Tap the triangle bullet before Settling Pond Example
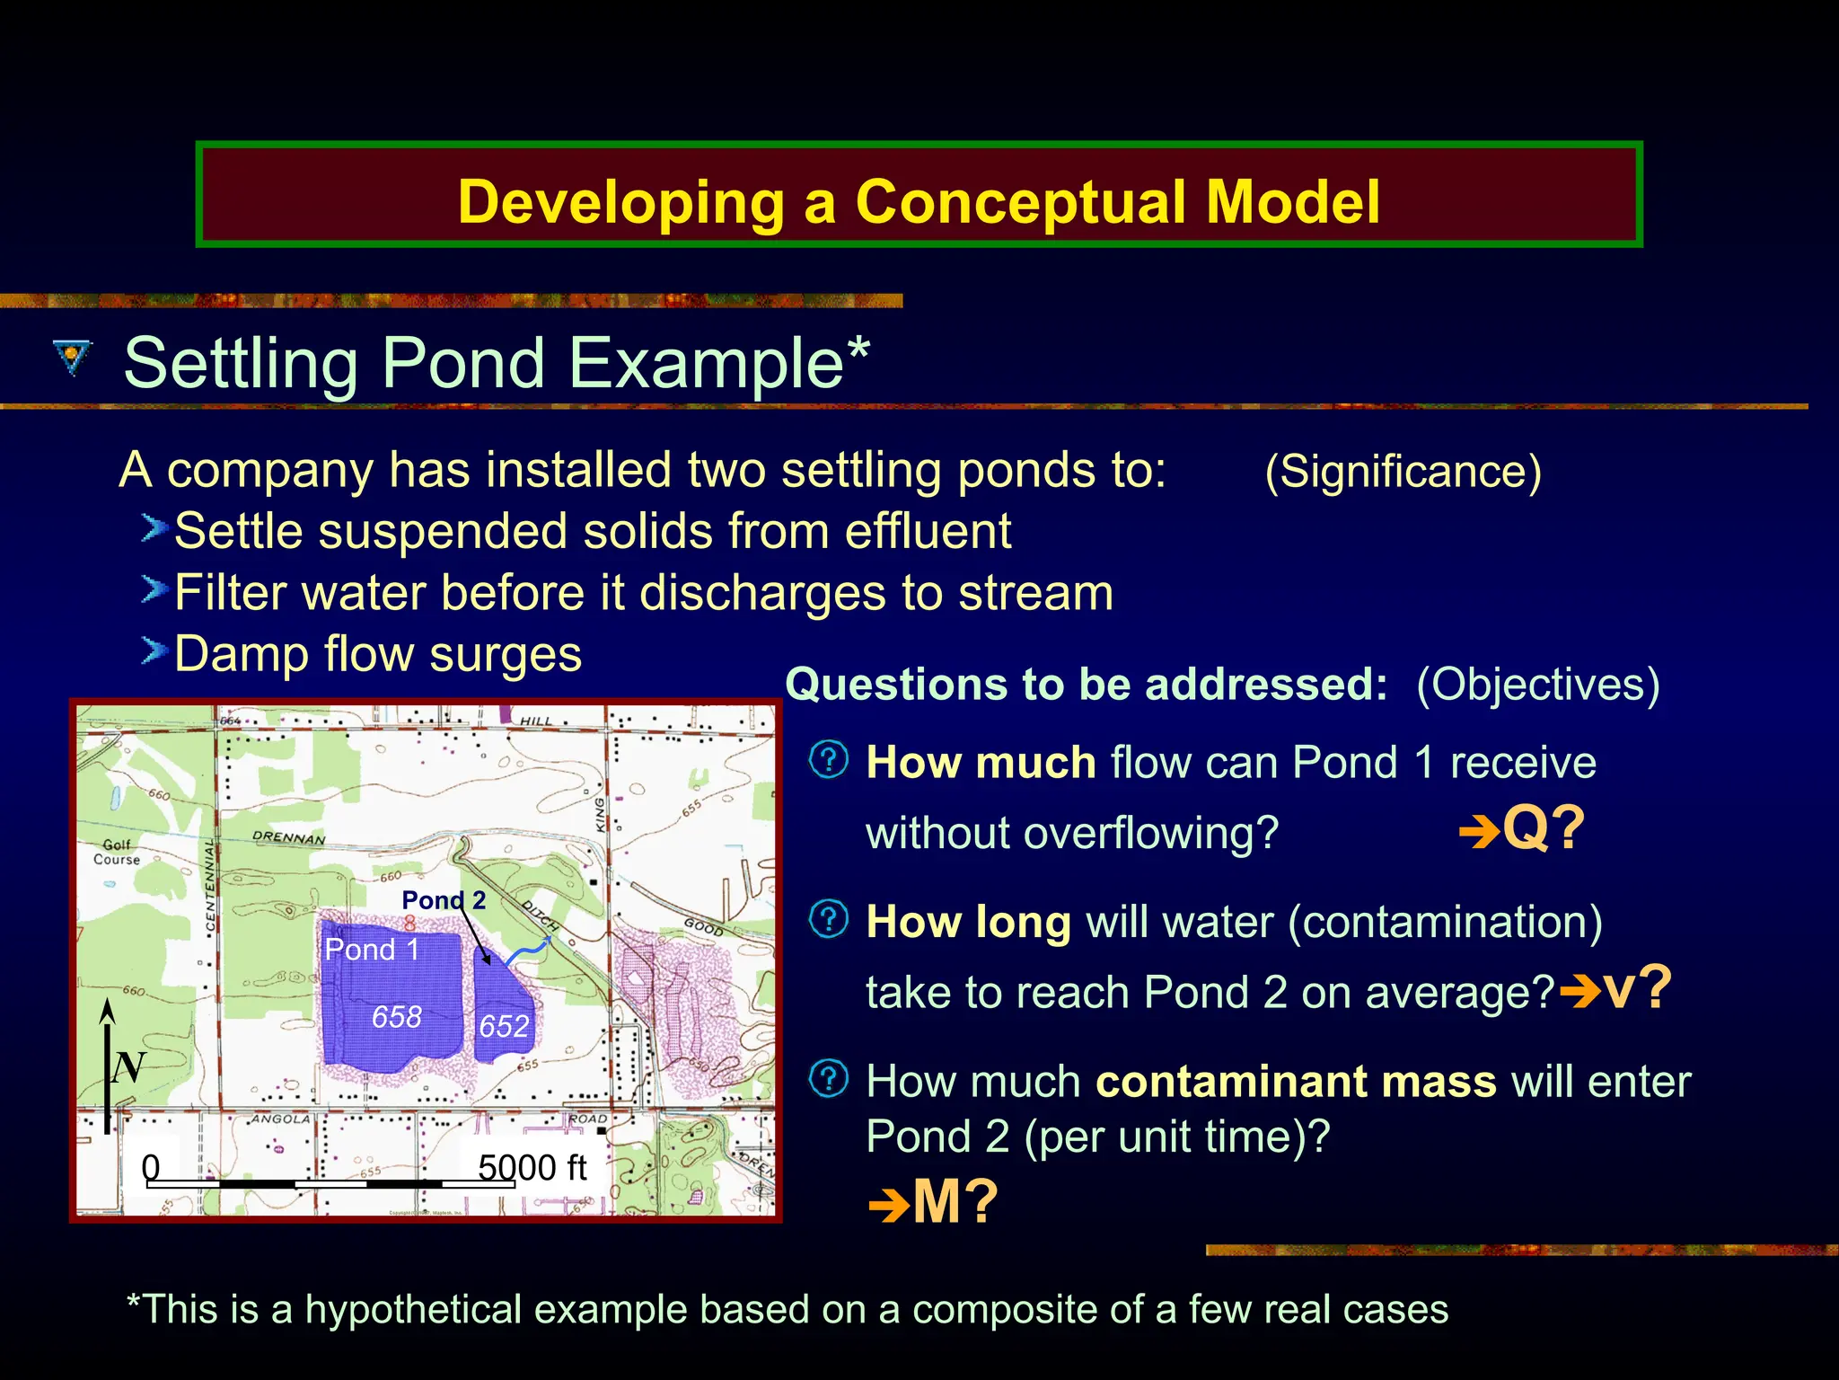73,358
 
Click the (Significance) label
1403,472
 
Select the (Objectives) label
1537,685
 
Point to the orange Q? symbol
1542,828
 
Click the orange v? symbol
1636,988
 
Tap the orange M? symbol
954,1201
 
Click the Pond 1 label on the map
372,950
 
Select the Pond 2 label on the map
444,900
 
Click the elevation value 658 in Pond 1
397,1017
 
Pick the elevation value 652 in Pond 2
504,1026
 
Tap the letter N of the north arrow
128,1067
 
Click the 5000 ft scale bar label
532,1168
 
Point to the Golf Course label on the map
117,852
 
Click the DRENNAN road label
288,837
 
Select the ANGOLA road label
280,1119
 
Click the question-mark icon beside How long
828,919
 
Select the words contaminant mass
1296,1082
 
